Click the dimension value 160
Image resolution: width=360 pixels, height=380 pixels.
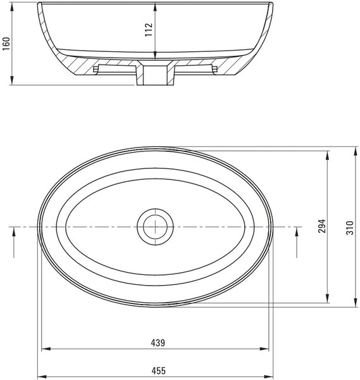point(6,44)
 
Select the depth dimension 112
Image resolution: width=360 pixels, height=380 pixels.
point(149,30)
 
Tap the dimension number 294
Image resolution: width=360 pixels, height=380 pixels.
point(322,226)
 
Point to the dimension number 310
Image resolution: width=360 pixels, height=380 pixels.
point(350,227)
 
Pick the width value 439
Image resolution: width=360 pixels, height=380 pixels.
point(158,343)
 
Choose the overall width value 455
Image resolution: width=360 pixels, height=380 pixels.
point(159,370)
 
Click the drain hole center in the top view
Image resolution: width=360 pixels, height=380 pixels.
point(155,227)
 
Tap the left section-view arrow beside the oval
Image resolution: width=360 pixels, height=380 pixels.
point(14,243)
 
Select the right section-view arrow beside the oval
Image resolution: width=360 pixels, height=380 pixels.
point(297,243)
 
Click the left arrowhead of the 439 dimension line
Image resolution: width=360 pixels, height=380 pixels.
point(46,349)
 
